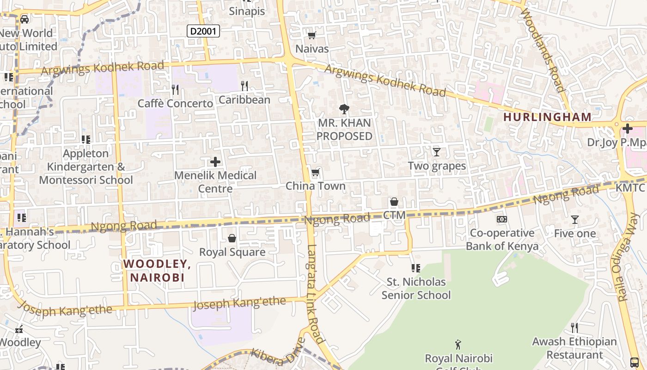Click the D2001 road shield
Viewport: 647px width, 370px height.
tap(203, 31)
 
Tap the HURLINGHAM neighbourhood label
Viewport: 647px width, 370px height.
tap(547, 117)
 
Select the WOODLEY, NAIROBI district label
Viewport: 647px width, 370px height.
tap(157, 271)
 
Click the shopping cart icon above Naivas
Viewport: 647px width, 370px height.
tap(312, 36)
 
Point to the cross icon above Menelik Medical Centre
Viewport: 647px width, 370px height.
tap(215, 162)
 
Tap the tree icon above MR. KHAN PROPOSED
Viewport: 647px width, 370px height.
tap(344, 110)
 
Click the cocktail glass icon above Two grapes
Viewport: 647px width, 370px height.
tap(436, 152)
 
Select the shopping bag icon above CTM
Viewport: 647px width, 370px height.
tap(394, 202)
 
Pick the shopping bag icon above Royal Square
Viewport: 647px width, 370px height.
tap(232, 238)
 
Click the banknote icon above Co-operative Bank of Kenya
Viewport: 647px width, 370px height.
tap(502, 219)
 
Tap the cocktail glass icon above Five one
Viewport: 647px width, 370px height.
tap(574, 220)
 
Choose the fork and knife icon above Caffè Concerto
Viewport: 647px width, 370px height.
tap(175, 89)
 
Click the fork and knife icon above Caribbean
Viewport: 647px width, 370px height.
tap(244, 86)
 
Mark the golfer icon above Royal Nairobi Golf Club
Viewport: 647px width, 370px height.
tap(458, 345)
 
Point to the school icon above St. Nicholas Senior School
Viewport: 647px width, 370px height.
tap(415, 268)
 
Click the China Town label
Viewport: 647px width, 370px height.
tap(316, 186)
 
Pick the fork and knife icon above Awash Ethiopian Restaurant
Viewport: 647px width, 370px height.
tap(574, 328)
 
